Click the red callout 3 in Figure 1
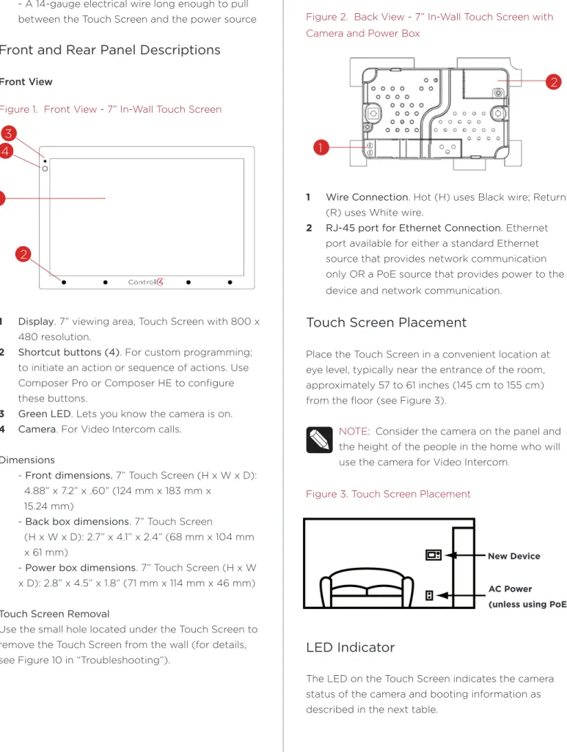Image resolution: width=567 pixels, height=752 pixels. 9,133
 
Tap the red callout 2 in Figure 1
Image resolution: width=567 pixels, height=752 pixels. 23,254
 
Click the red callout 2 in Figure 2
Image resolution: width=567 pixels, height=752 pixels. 554,82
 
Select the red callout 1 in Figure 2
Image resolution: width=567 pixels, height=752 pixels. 321,147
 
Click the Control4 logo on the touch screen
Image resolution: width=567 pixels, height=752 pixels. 146,282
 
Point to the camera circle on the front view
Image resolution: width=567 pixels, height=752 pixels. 45,169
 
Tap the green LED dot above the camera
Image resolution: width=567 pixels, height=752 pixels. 45,161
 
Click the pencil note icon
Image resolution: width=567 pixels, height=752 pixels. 319,440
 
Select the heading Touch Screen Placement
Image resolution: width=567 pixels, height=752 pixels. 387,322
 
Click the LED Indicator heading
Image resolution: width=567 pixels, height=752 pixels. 351,647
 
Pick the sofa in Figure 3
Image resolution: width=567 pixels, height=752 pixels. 367,587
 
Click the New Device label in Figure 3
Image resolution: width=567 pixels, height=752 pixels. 513,556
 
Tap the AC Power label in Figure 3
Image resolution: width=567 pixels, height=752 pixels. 510,589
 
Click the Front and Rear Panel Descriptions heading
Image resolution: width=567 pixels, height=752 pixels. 110,50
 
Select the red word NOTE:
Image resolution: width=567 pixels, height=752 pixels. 354,431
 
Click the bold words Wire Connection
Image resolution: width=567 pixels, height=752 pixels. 367,197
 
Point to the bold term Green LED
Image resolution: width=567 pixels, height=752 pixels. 45,414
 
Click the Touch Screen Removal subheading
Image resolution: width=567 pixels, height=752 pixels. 54,614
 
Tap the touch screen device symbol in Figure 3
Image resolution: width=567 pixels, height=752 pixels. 434,555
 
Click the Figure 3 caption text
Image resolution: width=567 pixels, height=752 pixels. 389,494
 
